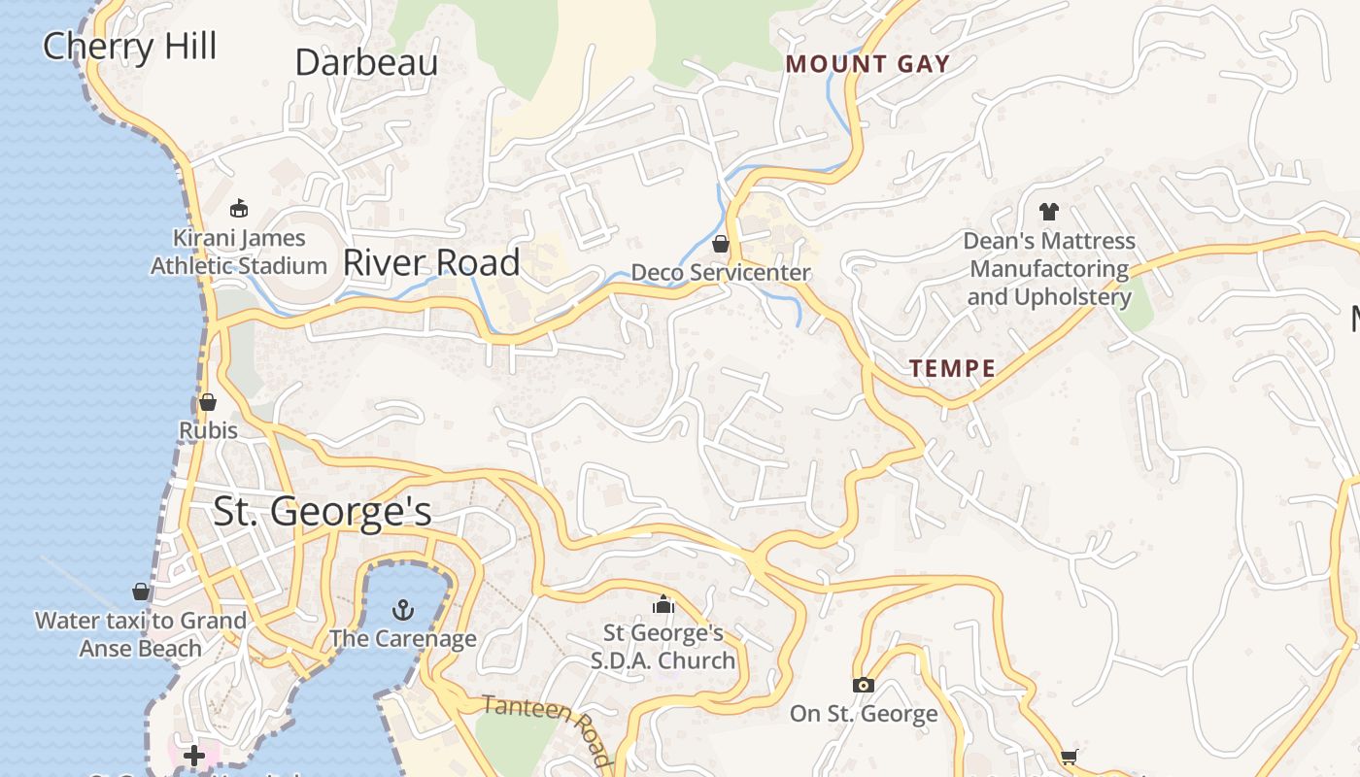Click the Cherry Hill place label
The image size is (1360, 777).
click(x=129, y=47)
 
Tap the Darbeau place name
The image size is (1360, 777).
click(x=366, y=63)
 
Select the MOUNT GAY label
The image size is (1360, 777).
click(x=867, y=65)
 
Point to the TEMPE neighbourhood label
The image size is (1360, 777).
click(x=952, y=368)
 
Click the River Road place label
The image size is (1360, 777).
click(x=431, y=263)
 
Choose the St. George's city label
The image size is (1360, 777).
click(x=322, y=512)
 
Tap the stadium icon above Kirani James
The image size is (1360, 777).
click(x=239, y=208)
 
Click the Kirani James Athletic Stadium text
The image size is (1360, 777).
click(x=239, y=252)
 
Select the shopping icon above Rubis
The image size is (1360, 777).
click(x=208, y=402)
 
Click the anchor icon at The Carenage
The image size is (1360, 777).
click(x=402, y=610)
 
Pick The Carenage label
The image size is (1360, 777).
click(x=402, y=638)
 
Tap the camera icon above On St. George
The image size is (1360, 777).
click(x=863, y=686)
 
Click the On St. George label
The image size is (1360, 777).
click(x=863, y=714)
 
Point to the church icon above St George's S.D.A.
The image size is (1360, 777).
click(x=663, y=605)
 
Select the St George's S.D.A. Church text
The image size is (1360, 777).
click(x=663, y=647)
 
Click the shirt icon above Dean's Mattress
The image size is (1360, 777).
click(x=1048, y=211)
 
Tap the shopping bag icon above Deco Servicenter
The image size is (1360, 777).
click(x=721, y=244)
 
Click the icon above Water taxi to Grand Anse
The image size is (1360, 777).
click(x=141, y=591)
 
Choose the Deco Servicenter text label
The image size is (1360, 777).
click(x=721, y=273)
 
